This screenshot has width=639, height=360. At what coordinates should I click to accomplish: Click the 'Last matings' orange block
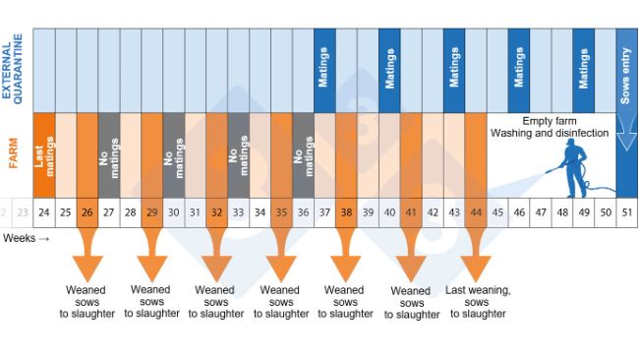43,155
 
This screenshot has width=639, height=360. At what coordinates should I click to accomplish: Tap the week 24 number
43,211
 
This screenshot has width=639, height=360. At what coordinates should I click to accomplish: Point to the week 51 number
627,211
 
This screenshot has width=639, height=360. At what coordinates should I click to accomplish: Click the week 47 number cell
541,211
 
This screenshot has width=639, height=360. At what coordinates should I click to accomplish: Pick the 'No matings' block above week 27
108,155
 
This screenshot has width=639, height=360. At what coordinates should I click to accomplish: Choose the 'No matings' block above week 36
303,155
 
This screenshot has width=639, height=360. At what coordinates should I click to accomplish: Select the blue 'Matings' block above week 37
324,69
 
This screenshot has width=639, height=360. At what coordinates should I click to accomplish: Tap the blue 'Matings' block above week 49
584,69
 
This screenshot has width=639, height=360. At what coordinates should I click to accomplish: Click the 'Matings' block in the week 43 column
454,69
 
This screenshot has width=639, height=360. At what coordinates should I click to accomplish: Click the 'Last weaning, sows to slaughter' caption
478,301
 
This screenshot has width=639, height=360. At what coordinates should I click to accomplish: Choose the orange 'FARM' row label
14,155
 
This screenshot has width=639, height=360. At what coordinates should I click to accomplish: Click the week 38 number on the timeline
346,211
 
